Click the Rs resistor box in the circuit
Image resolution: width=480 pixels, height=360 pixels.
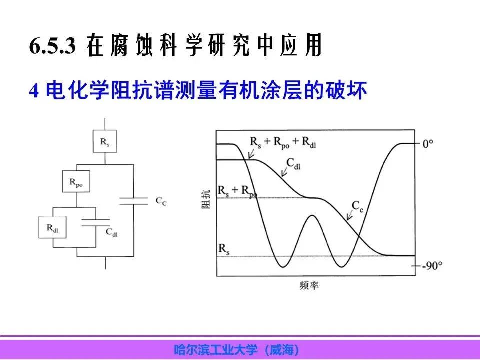coord(105,142)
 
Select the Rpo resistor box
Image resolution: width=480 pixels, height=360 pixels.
coord(76,182)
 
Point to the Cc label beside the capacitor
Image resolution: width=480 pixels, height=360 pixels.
coord(161,201)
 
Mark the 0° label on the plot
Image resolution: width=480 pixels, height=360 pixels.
coord(428,144)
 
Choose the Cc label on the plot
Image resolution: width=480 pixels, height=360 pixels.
coord(357,205)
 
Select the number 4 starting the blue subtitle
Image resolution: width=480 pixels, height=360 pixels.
coord(34,91)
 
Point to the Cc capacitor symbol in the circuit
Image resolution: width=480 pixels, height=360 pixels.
coord(133,201)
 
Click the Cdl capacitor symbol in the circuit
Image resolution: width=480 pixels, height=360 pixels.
coord(95,222)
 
